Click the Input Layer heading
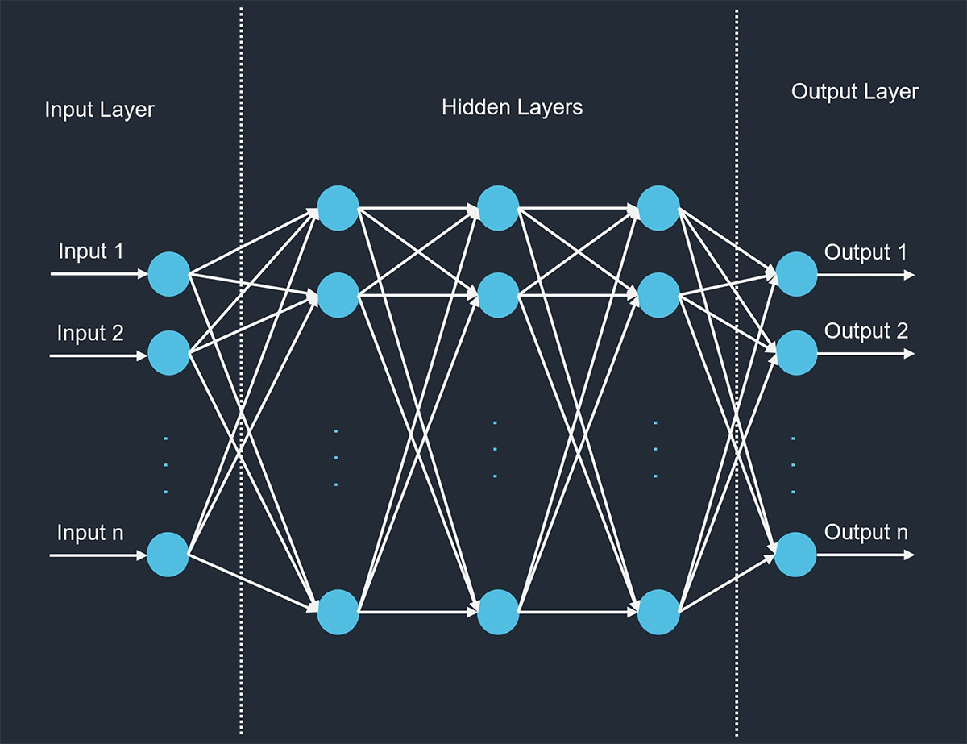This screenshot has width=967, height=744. click(99, 110)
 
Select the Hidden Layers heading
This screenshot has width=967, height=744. click(512, 107)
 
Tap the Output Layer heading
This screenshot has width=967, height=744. click(855, 92)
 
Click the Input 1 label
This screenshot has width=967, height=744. click(91, 251)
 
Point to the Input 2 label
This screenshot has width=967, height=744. click(90, 332)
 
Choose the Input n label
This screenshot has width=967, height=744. click(90, 533)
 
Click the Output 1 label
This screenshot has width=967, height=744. click(865, 252)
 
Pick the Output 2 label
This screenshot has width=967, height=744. click(866, 330)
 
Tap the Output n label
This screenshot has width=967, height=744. click(866, 533)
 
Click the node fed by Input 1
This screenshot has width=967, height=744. click(168, 274)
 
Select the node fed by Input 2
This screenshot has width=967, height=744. click(168, 353)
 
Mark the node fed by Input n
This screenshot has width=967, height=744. click(168, 555)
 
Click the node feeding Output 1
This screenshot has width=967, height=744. click(796, 274)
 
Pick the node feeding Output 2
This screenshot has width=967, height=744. click(796, 353)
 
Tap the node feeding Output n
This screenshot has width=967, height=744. click(796, 555)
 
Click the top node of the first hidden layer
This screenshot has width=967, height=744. click(338, 208)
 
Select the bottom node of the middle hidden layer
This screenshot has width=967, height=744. click(498, 613)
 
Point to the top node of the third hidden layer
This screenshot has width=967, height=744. click(658, 208)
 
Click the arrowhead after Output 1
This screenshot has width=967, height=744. click(909, 275)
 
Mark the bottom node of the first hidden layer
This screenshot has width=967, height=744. click(338, 613)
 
